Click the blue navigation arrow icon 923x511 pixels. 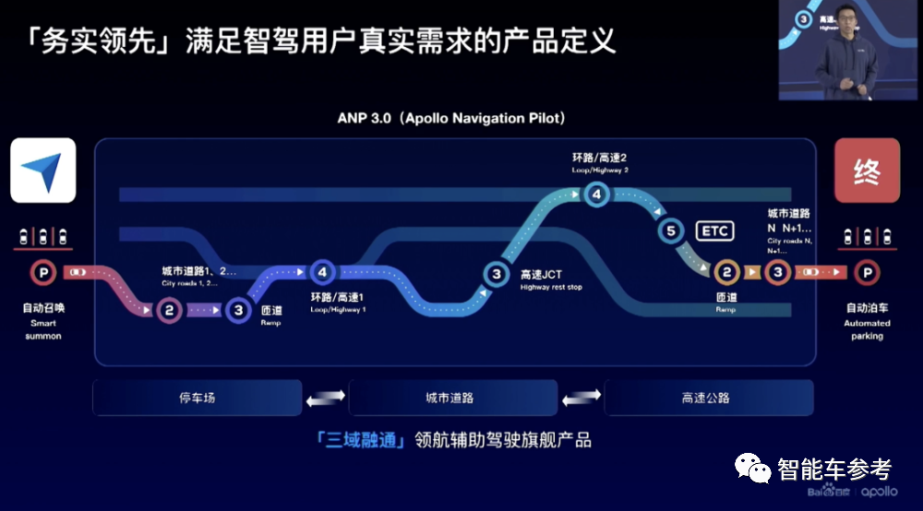click(x=42, y=171)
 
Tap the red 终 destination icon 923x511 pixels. click(x=867, y=171)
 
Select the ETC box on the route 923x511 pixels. click(x=714, y=231)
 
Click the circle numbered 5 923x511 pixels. click(x=671, y=232)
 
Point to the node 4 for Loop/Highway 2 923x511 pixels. click(x=596, y=194)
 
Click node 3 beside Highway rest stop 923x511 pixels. click(x=496, y=273)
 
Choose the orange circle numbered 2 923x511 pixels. click(x=726, y=272)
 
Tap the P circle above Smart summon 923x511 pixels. click(x=42, y=272)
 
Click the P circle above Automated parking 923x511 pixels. click(x=866, y=272)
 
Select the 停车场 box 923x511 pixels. click(x=197, y=398)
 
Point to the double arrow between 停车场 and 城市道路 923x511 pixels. click(x=325, y=398)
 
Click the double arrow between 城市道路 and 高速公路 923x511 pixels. click(x=581, y=398)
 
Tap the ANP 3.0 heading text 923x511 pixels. click(x=451, y=119)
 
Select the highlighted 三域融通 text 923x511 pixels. click(x=360, y=440)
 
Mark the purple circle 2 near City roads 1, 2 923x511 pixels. click(x=169, y=310)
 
